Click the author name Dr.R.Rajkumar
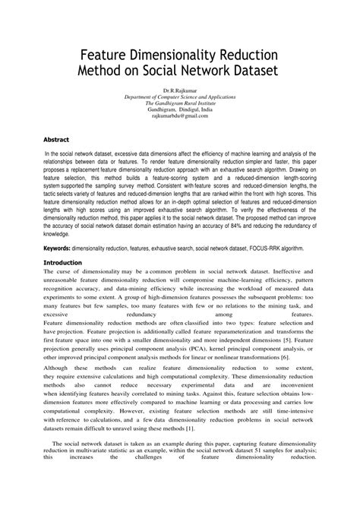click(x=179, y=92)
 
